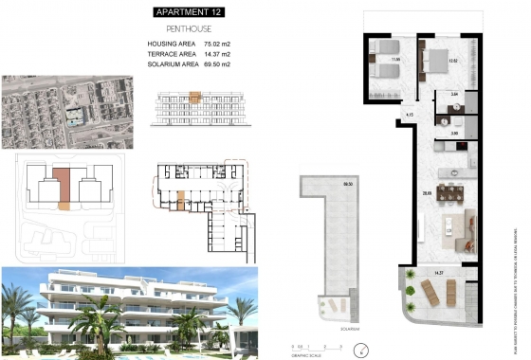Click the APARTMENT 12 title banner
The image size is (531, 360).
pyautogui.click(x=194, y=12)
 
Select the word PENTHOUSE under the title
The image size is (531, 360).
pyautogui.click(x=194, y=29)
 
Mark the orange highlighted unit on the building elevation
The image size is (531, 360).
pyautogui.click(x=196, y=96)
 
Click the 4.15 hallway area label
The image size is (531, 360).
pyautogui.click(x=409, y=115)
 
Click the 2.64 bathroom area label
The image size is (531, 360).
pyautogui.click(x=454, y=96)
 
